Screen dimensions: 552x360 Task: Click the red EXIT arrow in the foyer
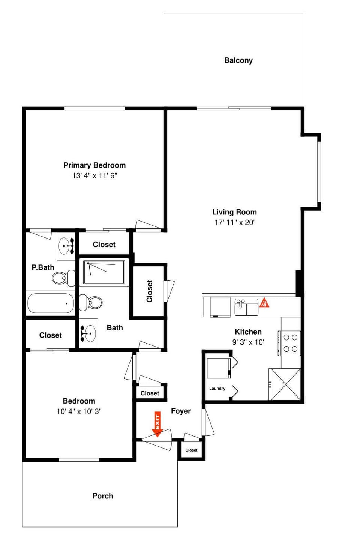click(x=157, y=424)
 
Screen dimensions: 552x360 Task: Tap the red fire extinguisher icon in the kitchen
click(x=264, y=303)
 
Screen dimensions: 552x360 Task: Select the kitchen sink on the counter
click(x=246, y=307)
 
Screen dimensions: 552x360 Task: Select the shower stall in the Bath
click(x=104, y=272)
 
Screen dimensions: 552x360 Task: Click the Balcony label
click(x=238, y=60)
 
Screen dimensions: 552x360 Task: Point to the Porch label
click(x=102, y=496)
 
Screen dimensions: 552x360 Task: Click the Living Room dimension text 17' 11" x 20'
click(x=234, y=222)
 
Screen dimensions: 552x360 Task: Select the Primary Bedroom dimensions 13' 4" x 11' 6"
click(x=94, y=175)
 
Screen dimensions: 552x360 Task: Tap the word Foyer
click(x=181, y=411)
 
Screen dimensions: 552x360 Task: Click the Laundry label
click(x=217, y=388)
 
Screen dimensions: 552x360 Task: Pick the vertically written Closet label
click(x=149, y=291)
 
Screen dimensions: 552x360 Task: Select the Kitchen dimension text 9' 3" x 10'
click(x=248, y=342)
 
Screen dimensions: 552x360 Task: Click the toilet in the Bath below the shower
click(x=91, y=302)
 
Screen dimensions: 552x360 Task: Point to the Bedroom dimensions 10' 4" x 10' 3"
click(x=79, y=411)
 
